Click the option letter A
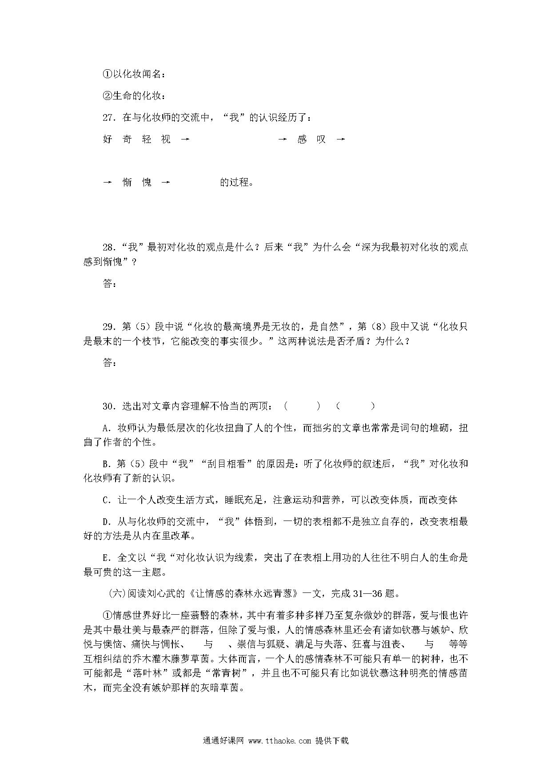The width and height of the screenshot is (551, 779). point(106,428)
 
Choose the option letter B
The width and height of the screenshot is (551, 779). point(106,464)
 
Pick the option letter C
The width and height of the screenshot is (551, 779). point(106,500)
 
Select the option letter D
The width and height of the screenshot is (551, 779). point(106,522)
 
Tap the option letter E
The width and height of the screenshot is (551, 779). point(106,558)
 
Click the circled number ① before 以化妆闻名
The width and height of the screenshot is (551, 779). point(107,74)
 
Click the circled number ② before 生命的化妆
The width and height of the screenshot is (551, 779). point(107,96)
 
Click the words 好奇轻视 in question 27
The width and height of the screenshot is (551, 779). point(136,139)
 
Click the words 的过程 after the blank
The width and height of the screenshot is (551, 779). point(236,183)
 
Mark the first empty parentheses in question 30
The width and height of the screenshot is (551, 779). point(302,406)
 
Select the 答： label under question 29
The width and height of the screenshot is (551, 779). point(110,363)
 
